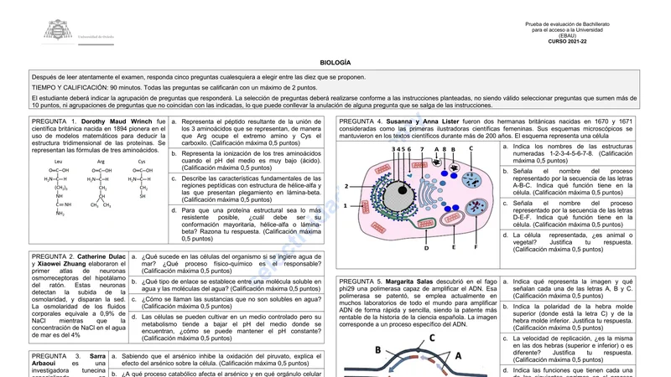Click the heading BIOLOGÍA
click(335, 63)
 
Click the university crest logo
click(58, 32)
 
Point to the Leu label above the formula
click(58, 161)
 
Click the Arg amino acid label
click(101, 161)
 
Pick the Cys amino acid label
click(142, 161)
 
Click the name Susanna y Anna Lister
click(423, 121)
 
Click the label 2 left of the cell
click(345, 186)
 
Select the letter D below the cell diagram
click(426, 248)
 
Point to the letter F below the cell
click(476, 247)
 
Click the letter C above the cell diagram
click(471, 148)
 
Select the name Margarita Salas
click(414, 281)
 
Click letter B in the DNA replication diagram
click(377, 350)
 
